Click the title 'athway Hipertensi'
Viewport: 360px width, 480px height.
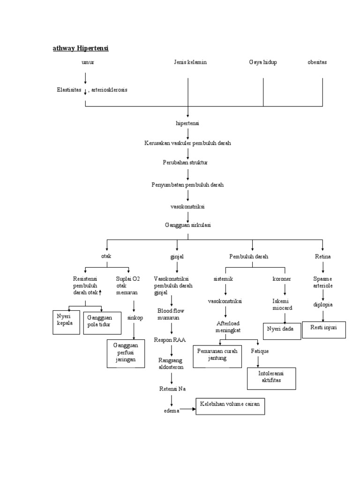click(x=80, y=48)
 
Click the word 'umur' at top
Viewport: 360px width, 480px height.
click(x=88, y=62)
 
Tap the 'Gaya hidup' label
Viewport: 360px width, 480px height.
click(x=262, y=62)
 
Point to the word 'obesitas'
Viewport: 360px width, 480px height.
click(x=317, y=62)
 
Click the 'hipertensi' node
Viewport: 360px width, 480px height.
click(x=187, y=123)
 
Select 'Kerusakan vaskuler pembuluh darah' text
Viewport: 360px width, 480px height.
click(x=187, y=143)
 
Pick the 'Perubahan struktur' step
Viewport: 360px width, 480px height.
click(x=187, y=163)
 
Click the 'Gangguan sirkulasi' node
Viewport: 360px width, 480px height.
click(x=187, y=225)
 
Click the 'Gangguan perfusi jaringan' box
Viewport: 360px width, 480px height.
click(x=126, y=354)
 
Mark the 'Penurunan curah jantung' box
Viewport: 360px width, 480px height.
click(x=217, y=356)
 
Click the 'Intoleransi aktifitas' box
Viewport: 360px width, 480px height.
click(x=271, y=378)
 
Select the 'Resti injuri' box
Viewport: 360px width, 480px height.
click(x=324, y=329)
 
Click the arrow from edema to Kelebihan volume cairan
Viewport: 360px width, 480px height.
click(x=187, y=409)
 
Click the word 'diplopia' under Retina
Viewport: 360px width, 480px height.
click(x=323, y=305)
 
